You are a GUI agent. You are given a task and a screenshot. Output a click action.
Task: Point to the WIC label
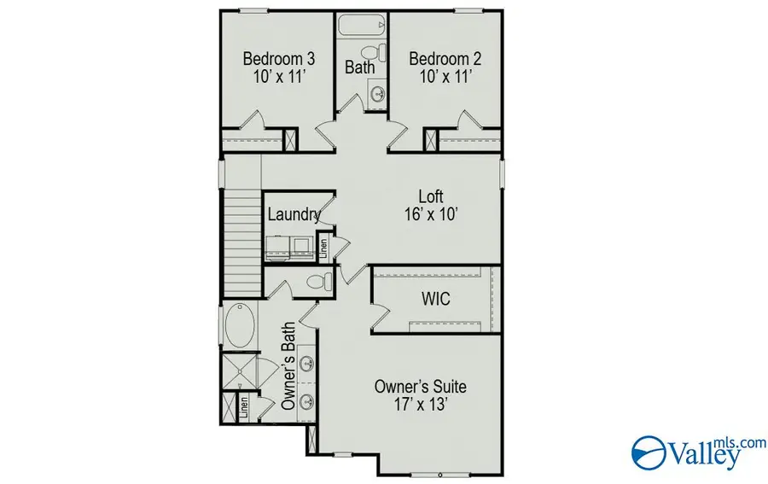point(435,300)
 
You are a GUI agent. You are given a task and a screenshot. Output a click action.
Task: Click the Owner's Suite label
point(421,387)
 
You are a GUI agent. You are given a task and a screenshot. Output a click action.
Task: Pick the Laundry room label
point(294,215)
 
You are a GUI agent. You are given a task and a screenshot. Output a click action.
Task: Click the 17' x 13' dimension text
point(421,405)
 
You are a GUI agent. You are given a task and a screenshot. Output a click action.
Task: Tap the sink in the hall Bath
point(376,92)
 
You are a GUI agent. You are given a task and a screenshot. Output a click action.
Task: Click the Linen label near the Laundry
point(323,248)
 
